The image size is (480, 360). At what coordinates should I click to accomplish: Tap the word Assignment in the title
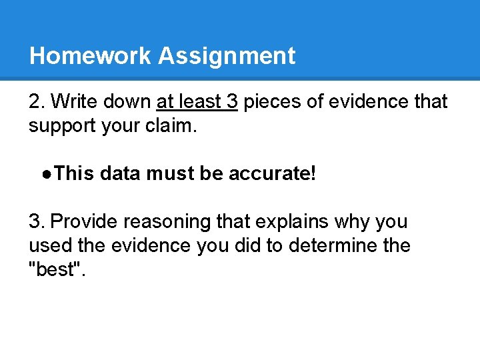click(x=227, y=56)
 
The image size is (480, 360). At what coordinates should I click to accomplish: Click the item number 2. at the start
click(x=37, y=102)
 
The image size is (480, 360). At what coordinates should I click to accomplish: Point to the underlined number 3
click(x=232, y=102)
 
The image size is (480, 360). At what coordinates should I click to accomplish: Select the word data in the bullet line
click(x=121, y=174)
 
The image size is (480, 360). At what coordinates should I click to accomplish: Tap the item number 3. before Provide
click(x=37, y=221)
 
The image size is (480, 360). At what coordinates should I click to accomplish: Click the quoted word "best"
click(x=54, y=269)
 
